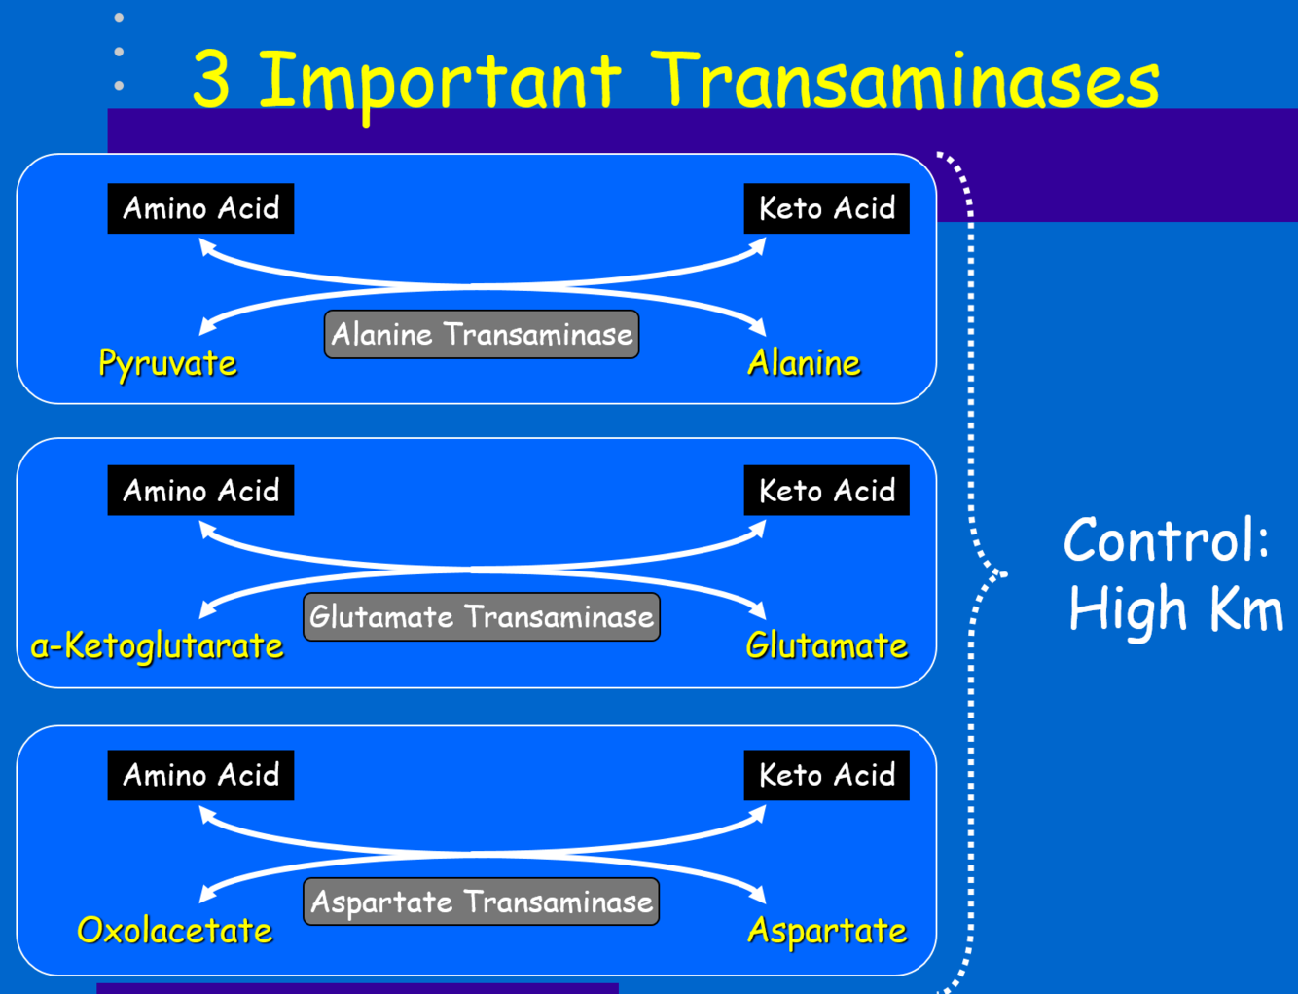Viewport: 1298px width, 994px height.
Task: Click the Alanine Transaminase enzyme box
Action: (482, 335)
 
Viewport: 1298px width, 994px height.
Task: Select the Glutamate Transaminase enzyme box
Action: (482, 617)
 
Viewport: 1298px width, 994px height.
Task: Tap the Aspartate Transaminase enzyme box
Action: (482, 902)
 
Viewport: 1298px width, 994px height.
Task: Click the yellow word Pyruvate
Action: (167, 363)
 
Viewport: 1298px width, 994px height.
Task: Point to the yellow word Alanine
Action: (804, 363)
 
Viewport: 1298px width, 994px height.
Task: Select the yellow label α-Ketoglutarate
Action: (157, 645)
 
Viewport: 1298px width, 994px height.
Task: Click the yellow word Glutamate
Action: (826, 645)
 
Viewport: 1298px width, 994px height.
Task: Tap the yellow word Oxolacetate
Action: (175, 930)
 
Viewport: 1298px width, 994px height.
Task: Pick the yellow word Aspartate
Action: (826, 930)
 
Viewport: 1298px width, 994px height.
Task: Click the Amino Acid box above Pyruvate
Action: (200, 208)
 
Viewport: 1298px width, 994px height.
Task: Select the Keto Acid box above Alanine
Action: (826, 208)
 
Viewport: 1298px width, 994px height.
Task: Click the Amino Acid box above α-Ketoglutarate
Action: (200, 491)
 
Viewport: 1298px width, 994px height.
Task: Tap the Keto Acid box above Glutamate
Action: (826, 491)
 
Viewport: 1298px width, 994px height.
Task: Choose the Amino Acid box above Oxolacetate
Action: (200, 775)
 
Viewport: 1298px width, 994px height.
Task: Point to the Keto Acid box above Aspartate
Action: (826, 775)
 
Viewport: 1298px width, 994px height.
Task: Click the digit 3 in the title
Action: (211, 80)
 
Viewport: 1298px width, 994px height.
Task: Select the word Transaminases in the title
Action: (905, 80)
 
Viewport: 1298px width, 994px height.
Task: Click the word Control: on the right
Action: (1167, 539)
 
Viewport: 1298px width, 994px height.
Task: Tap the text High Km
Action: (1175, 608)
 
